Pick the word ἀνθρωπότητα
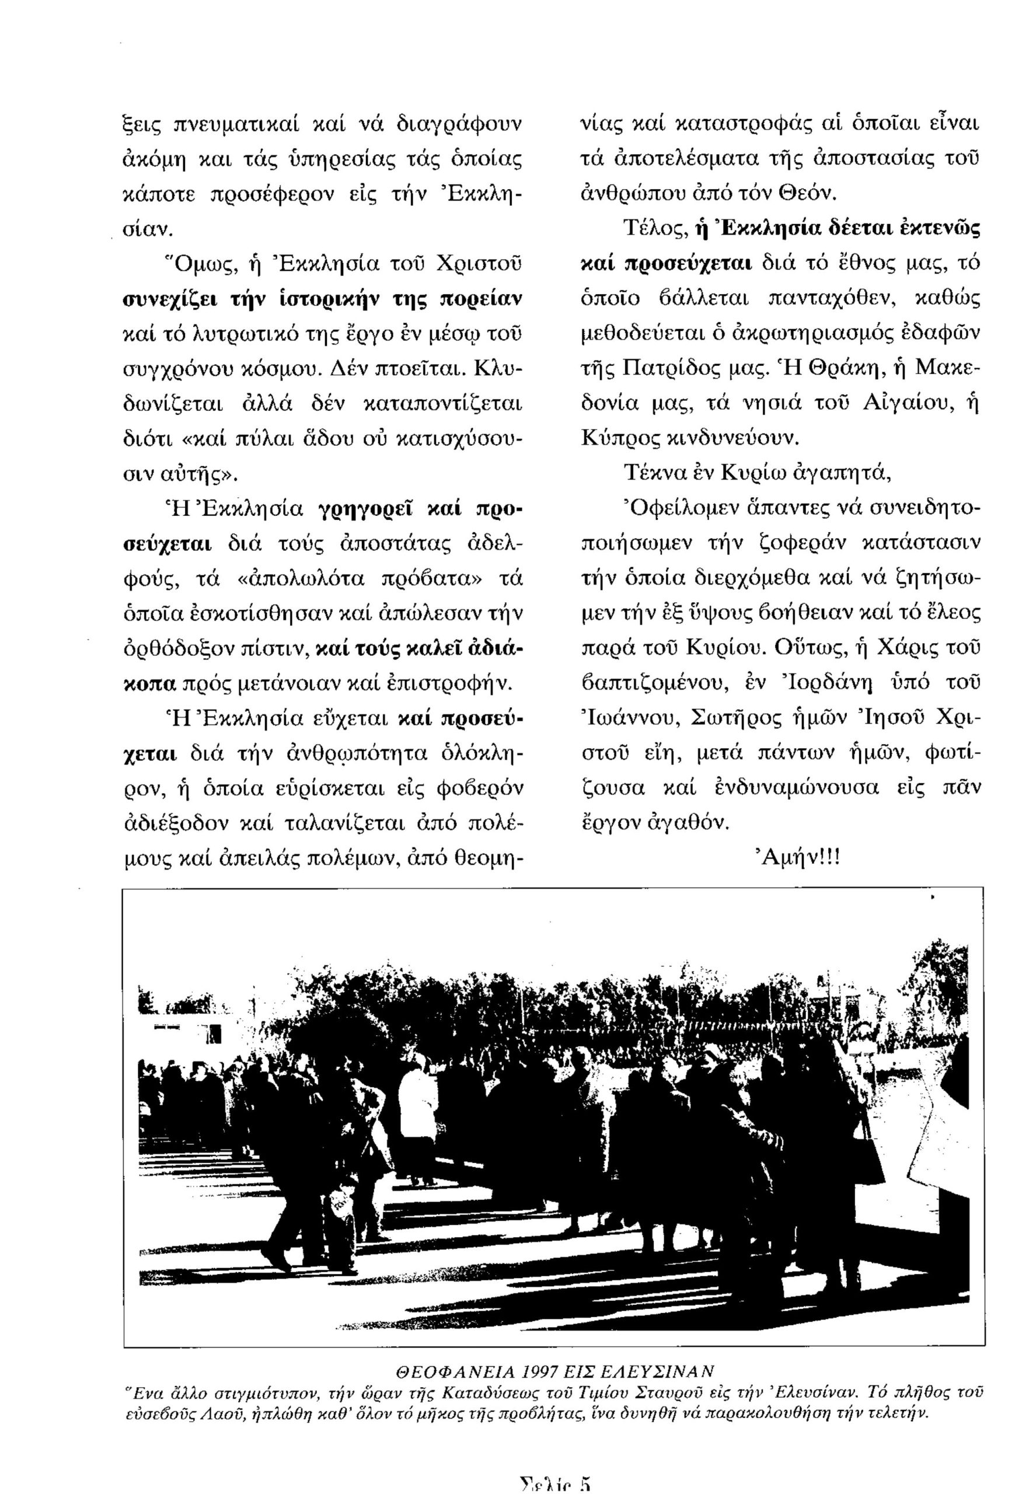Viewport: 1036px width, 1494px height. tap(350, 754)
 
